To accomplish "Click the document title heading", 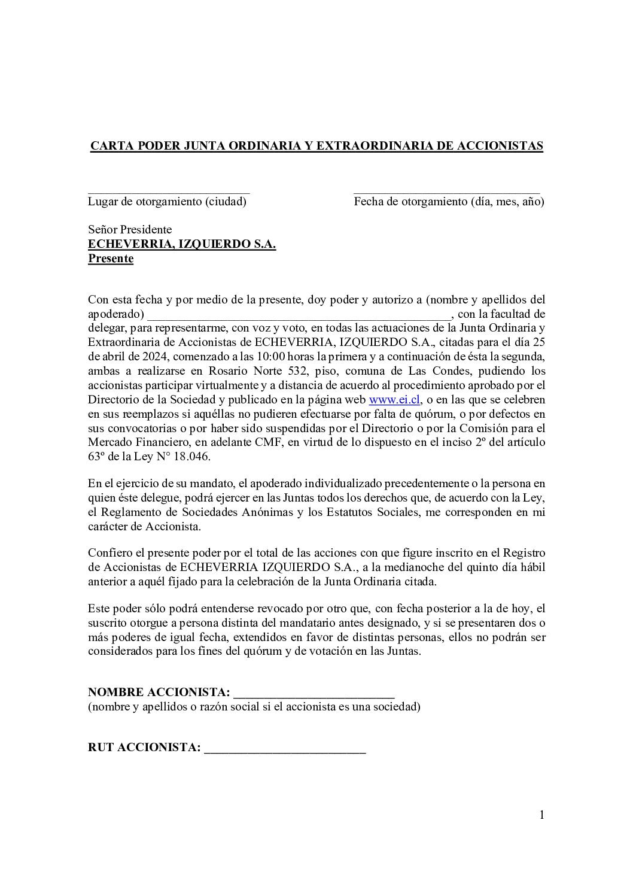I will pyautogui.click(x=316, y=147).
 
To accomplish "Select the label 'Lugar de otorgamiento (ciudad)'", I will pyautogui.click(x=167, y=202).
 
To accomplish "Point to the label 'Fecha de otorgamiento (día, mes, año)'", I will pyautogui.click(x=449, y=202).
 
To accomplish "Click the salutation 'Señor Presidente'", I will pyautogui.click(x=130, y=230).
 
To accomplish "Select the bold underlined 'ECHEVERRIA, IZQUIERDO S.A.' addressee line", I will pyautogui.click(x=182, y=244).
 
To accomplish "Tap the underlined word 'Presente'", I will pyautogui.click(x=111, y=259).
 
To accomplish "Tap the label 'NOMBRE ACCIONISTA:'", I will pyautogui.click(x=159, y=693).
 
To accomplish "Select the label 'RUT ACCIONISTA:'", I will pyautogui.click(x=144, y=748).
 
